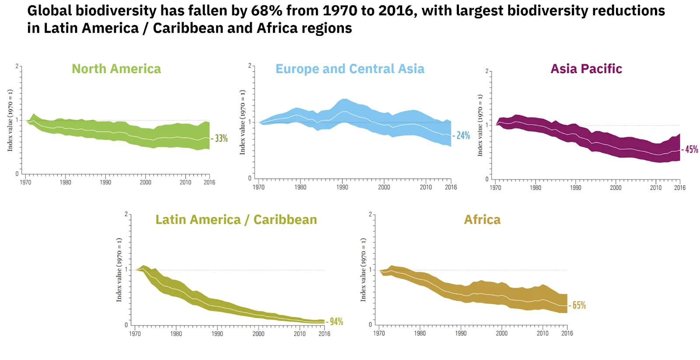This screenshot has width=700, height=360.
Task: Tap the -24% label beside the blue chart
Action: [x=462, y=136]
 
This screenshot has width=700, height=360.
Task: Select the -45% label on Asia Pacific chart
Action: [x=691, y=150]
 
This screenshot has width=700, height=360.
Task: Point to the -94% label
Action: [x=336, y=322]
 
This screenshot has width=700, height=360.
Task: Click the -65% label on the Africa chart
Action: [x=578, y=305]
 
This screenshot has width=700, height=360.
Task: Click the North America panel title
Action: [x=116, y=69]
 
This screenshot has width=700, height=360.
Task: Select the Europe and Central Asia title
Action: [x=350, y=69]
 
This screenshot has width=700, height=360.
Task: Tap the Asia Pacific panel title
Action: [x=586, y=69]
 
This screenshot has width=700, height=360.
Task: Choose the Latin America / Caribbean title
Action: [x=236, y=220]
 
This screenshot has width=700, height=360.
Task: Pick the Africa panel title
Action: [x=482, y=220]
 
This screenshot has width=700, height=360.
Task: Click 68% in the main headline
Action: [x=266, y=10]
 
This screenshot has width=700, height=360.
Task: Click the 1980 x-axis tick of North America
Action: [x=66, y=182]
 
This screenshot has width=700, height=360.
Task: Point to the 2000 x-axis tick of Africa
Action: [x=502, y=333]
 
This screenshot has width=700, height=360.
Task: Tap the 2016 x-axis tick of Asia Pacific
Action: [x=680, y=188]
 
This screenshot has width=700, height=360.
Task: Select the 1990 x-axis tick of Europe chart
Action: [x=342, y=187]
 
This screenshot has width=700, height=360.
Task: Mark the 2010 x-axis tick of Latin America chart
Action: [x=300, y=334]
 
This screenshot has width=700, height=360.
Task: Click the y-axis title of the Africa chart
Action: [x=363, y=270]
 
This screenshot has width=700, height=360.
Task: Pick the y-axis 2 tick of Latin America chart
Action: [x=126, y=214]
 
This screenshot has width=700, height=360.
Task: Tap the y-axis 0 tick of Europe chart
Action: [x=250, y=178]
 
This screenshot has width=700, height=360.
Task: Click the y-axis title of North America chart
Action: [x=10, y=120]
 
